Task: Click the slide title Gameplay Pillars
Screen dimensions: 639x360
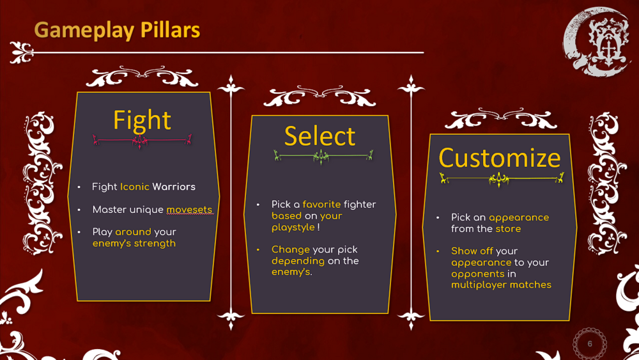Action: [117, 30]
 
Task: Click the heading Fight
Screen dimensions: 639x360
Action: [142, 120]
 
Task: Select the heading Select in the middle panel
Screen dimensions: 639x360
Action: [319, 136]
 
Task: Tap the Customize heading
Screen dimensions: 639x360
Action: [500, 158]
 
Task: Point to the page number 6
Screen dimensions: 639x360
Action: [590, 343]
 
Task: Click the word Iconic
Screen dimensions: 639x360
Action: [134, 187]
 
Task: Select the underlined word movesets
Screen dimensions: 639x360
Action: [190, 210]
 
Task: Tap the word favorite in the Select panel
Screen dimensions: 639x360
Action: [321, 204]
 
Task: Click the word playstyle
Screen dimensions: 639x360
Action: [293, 228]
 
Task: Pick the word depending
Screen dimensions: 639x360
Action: [298, 261]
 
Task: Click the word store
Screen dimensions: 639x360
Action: [508, 229]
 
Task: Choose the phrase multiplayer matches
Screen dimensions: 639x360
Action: [501, 285]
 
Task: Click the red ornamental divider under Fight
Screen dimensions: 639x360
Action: [142, 141]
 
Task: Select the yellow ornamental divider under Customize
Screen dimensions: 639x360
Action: [501, 178]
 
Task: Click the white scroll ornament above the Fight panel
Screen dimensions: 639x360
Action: [142, 77]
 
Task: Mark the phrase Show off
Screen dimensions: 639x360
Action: [472, 251]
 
